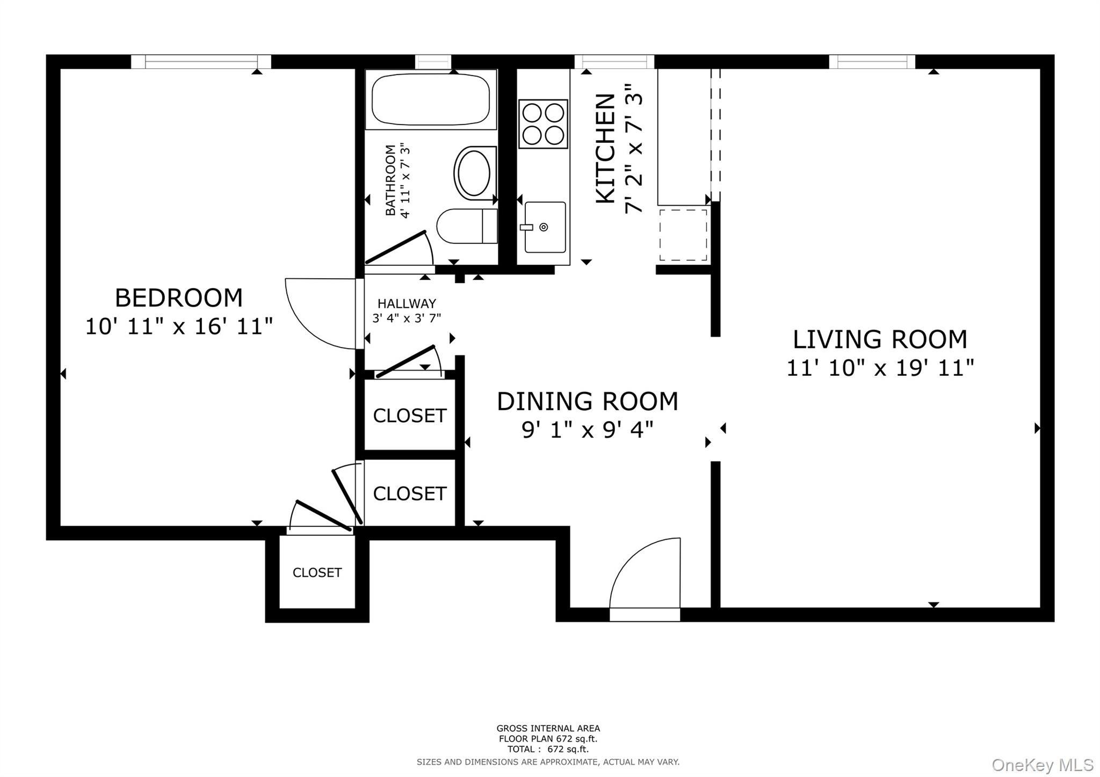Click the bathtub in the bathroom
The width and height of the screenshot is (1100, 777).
[x=430, y=99]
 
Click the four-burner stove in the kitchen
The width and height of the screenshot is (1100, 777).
[x=543, y=124]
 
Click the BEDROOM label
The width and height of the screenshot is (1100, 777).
[x=179, y=298]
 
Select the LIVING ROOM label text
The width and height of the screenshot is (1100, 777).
[x=880, y=339]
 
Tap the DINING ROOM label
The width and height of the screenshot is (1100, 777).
[x=587, y=402]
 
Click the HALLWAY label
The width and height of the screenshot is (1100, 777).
[x=407, y=303]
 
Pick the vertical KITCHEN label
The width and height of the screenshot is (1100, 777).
[x=606, y=149]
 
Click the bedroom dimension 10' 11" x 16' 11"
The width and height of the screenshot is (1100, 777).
[x=179, y=326]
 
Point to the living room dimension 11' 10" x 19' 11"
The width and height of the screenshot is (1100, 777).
[x=880, y=368]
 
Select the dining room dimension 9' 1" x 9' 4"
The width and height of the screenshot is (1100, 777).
[x=587, y=430]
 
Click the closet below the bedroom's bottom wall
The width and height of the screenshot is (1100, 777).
[x=317, y=572]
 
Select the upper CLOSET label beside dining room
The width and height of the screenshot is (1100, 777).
[x=409, y=416]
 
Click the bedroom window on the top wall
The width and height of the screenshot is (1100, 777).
[x=201, y=62]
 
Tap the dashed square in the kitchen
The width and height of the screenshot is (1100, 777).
[x=683, y=235]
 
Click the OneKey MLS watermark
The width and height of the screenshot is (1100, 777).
[x=1042, y=765]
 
